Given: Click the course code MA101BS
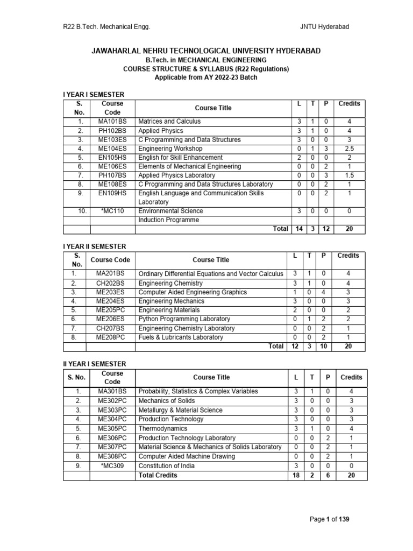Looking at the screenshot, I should point(112,122).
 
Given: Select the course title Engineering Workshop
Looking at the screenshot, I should point(170,149).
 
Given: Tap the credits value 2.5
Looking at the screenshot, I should point(350,149).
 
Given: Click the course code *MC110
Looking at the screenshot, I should point(112,211).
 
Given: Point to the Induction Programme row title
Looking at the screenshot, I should point(168,220).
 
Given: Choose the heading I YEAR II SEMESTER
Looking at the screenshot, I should point(95,246).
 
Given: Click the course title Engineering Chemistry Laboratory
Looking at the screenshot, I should point(187,328).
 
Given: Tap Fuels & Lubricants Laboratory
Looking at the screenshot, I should point(181,337).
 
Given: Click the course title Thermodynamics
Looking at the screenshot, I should point(163,429).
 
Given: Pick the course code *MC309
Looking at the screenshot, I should point(112,465).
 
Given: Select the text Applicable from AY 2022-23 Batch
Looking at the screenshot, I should point(206,77).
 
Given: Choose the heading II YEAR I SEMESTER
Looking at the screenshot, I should point(95,364).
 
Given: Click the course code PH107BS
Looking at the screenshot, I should point(112,175).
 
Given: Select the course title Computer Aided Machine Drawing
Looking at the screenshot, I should point(187,456).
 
